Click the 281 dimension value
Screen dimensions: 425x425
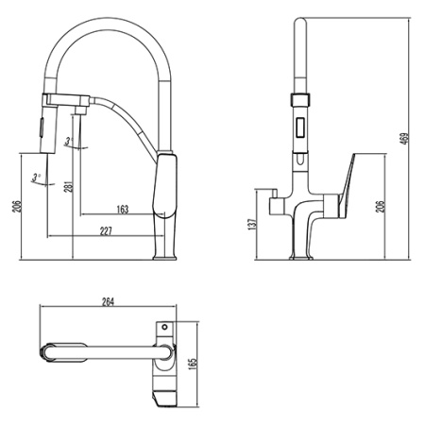67,187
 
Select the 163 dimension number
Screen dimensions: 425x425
123,210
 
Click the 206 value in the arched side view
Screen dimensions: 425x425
15,208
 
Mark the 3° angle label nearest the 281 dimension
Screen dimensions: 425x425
69,143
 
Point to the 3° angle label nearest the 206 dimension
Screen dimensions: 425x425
37,177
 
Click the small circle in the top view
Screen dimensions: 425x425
165,327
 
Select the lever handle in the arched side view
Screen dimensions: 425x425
166,189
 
